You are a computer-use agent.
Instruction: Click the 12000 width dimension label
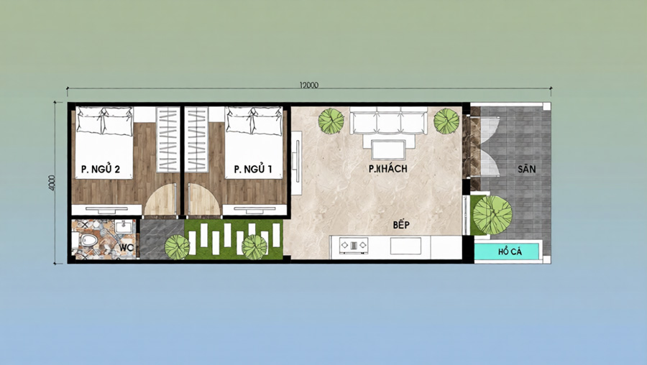click(308, 86)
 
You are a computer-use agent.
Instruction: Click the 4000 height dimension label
click(52, 182)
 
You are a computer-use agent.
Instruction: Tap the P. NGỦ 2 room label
click(100, 169)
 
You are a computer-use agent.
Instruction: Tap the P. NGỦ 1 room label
click(252, 169)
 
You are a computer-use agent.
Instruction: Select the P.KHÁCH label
click(388, 168)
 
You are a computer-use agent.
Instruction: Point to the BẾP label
click(401, 225)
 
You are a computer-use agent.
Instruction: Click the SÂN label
click(526, 169)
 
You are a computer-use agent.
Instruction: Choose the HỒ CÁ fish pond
click(507, 251)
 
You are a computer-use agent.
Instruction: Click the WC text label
click(125, 248)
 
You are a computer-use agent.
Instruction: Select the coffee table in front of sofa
click(388, 149)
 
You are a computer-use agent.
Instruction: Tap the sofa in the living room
click(389, 121)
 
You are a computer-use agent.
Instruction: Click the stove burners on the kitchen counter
click(353, 246)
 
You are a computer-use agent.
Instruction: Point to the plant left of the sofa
click(331, 121)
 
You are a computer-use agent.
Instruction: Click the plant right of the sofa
click(446, 121)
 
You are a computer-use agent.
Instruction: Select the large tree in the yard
click(492, 215)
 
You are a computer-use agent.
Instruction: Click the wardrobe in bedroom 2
click(168, 139)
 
